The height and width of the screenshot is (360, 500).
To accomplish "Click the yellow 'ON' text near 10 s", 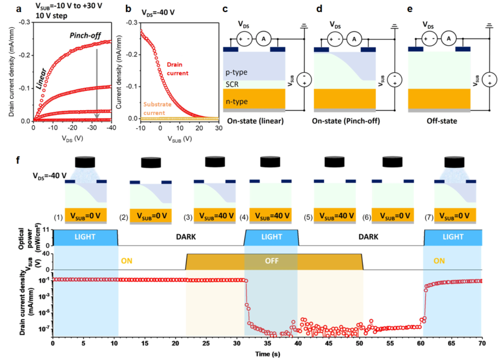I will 127,261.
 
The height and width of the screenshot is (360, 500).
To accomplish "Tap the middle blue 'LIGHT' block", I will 271,237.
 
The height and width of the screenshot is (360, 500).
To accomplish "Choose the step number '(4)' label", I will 245,216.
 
